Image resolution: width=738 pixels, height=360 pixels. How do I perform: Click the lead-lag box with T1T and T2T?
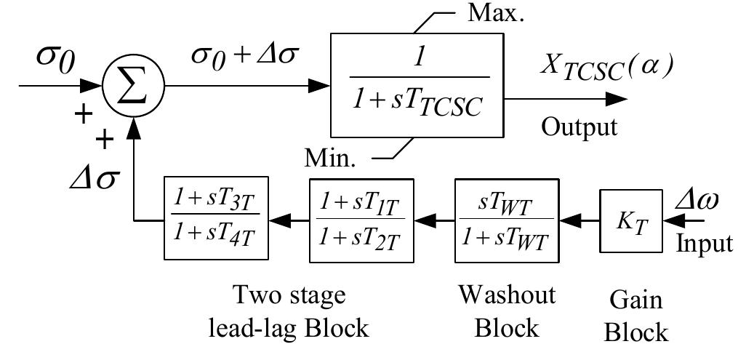(361, 219)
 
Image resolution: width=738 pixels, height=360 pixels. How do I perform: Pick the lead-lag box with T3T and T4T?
(216, 218)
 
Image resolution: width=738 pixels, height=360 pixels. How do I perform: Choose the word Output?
(579, 127)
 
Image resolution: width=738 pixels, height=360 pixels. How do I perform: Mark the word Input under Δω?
(704, 243)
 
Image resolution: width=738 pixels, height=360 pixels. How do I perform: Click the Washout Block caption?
(507, 311)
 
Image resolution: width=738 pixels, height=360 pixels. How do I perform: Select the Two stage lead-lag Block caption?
(289, 311)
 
